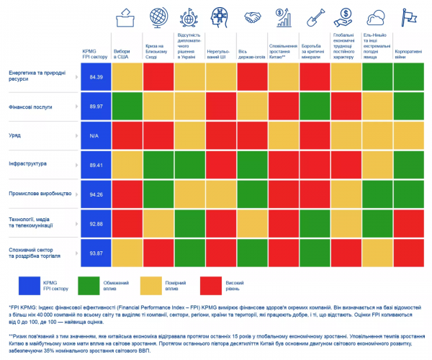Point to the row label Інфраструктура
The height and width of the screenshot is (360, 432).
[28, 163]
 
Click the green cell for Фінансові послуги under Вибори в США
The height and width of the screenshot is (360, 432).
[127, 107]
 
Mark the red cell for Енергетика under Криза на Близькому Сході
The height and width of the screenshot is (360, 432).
[158, 77]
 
